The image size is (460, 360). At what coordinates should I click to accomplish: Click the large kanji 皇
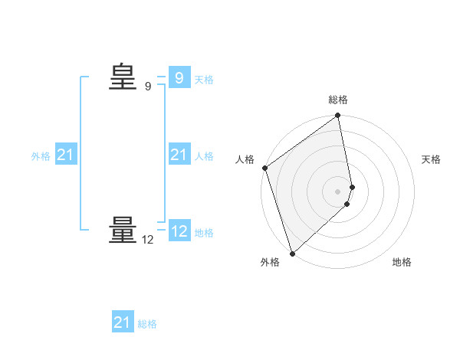[x=122, y=77]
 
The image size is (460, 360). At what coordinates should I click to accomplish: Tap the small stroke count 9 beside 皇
[x=148, y=87]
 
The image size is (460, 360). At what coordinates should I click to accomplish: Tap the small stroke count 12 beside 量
[x=148, y=240]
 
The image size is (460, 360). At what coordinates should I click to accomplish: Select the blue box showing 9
[x=179, y=78]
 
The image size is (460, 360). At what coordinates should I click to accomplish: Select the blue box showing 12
[x=179, y=231]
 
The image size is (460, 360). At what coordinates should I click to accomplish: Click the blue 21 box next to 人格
[x=179, y=155]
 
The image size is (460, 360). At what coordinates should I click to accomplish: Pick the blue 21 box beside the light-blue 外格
[x=65, y=155]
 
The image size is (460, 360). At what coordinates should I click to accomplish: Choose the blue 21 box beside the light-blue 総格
[x=122, y=322]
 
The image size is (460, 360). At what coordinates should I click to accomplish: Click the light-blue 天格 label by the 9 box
[x=204, y=80]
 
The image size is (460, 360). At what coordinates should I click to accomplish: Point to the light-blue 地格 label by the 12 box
[x=204, y=233]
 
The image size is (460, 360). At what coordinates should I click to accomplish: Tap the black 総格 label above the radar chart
[x=338, y=100]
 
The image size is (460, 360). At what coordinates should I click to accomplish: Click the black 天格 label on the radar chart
[x=432, y=159]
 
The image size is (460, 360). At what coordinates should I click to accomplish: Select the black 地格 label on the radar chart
[x=402, y=263]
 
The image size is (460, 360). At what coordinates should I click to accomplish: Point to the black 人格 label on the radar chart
[x=245, y=159]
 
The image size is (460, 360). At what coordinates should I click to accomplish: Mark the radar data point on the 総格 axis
[x=338, y=116]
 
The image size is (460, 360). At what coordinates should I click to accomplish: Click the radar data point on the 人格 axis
[x=265, y=168]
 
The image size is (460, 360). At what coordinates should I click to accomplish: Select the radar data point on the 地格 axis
[x=347, y=204]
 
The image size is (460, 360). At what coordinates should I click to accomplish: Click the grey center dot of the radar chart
[x=338, y=191]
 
